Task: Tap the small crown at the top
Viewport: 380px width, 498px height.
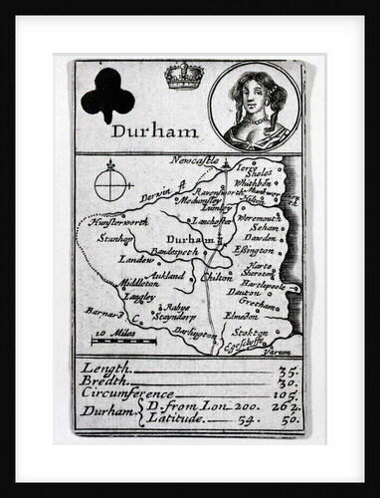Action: [x=183, y=76]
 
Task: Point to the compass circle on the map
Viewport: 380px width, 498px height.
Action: [x=113, y=185]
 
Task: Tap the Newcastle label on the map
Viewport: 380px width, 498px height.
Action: [x=194, y=159]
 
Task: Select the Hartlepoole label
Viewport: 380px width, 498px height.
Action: [x=263, y=285]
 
